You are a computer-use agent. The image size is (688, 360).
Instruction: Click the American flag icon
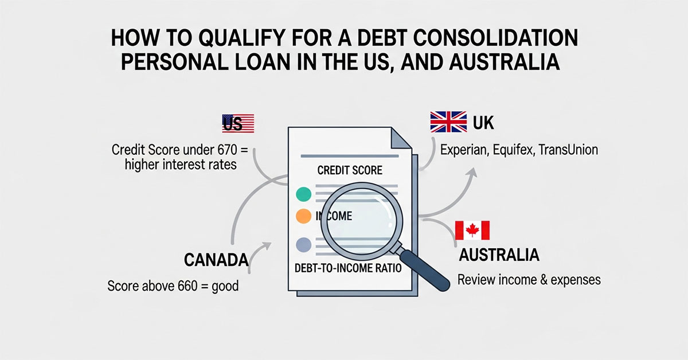click(x=238, y=123)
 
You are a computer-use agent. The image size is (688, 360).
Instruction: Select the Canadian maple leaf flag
click(x=472, y=230)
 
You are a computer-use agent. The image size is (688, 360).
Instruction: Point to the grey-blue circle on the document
click(x=303, y=246)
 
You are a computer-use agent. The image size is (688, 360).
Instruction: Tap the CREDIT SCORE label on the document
click(x=350, y=170)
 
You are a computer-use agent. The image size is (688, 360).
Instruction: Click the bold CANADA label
click(x=216, y=260)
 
